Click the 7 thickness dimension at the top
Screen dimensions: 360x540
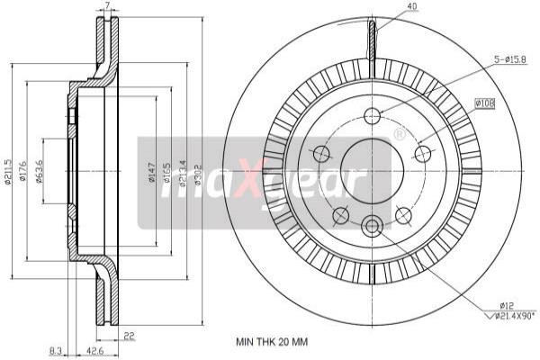coord(107,6)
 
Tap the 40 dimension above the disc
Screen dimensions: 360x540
coord(387,8)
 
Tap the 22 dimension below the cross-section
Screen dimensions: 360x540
coord(130,336)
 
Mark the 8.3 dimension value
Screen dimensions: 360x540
coord(56,352)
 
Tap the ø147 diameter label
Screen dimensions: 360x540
coord(152,171)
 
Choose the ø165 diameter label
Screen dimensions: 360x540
coord(167,171)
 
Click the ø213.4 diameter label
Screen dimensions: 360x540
coord(183,171)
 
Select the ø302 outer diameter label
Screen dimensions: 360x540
coord(197,171)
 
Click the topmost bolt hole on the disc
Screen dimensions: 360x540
coord(372,115)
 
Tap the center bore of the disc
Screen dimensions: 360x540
coord(372,170)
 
